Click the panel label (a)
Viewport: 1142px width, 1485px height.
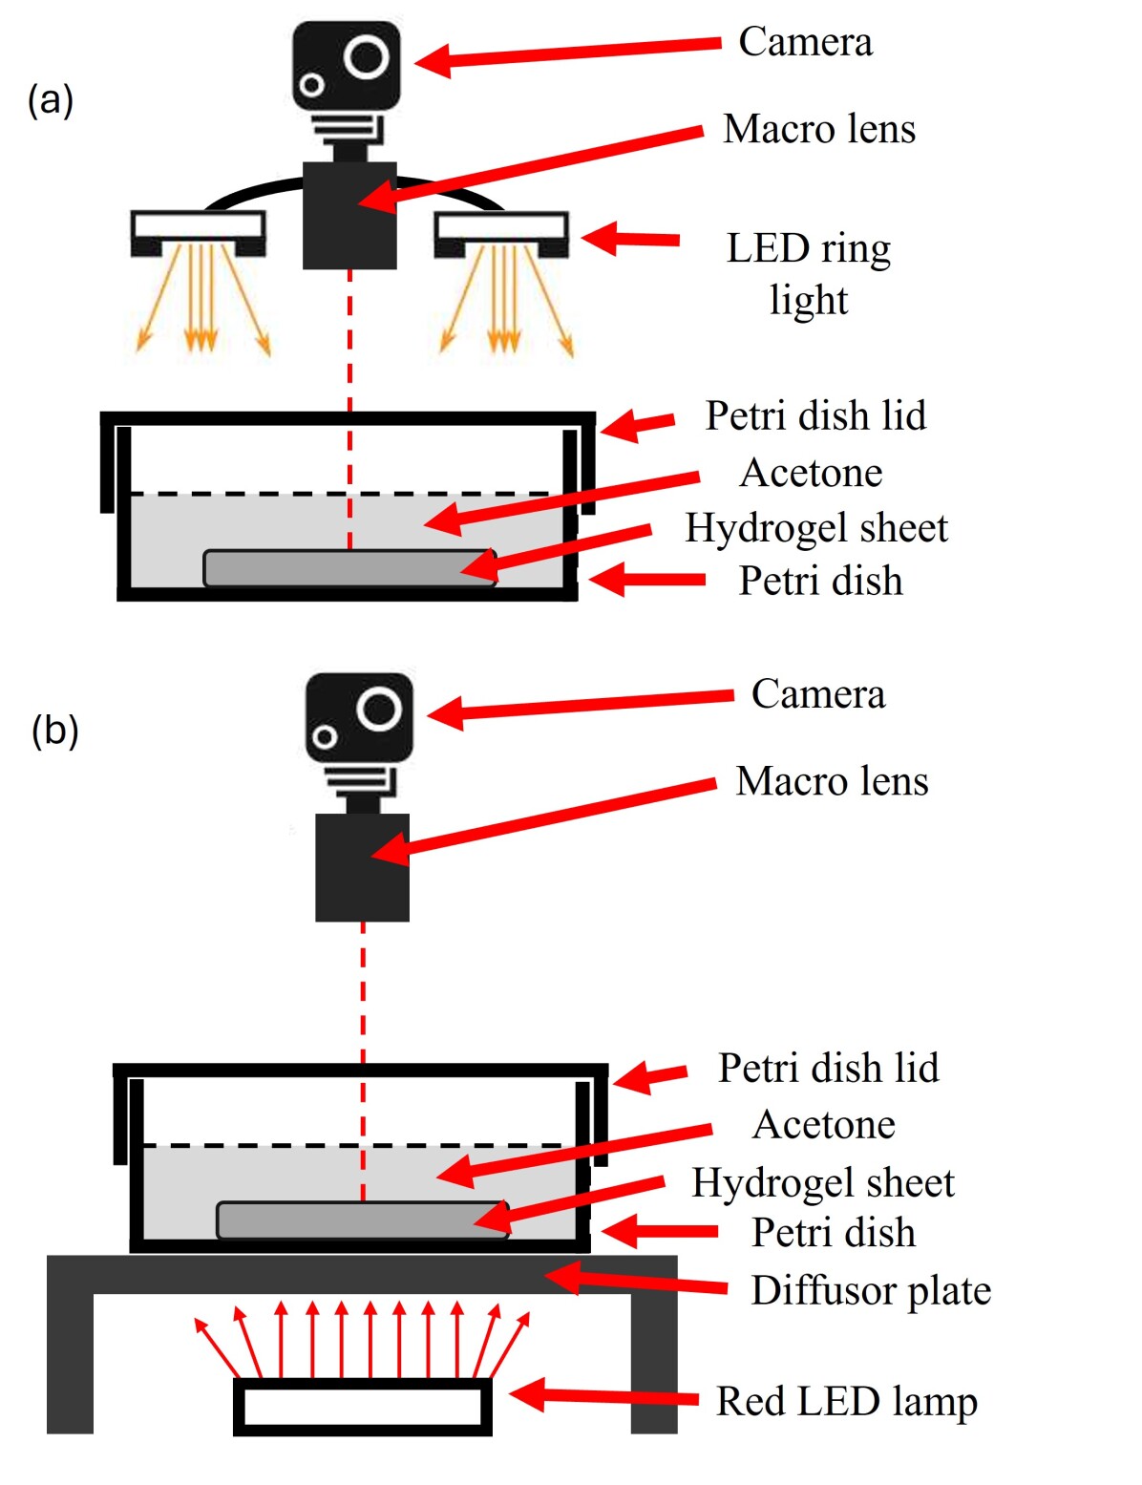click(x=51, y=99)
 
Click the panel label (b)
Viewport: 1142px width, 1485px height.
click(x=54, y=731)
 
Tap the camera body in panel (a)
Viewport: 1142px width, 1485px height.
click(x=346, y=65)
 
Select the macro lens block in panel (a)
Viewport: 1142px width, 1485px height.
click(x=349, y=216)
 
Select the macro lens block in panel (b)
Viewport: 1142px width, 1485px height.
click(x=362, y=867)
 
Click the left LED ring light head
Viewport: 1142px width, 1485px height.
click(x=198, y=233)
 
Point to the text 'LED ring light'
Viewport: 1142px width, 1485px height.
click(x=809, y=273)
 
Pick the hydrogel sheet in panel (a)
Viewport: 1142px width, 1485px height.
click(x=349, y=567)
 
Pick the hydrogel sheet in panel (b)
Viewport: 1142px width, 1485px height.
click(x=362, y=1220)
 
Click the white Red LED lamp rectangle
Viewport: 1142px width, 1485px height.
click(x=362, y=1406)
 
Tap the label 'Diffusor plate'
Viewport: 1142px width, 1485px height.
click(x=871, y=1290)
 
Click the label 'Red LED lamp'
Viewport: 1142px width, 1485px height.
click(x=847, y=1402)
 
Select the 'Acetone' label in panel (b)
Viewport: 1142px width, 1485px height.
click(x=824, y=1125)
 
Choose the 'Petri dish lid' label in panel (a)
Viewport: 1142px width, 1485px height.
click(x=815, y=416)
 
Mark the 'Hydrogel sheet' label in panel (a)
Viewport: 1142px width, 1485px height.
click(x=816, y=528)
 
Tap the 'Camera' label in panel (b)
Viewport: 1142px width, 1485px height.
click(x=818, y=694)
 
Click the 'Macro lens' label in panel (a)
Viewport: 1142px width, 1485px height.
click(x=819, y=130)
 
